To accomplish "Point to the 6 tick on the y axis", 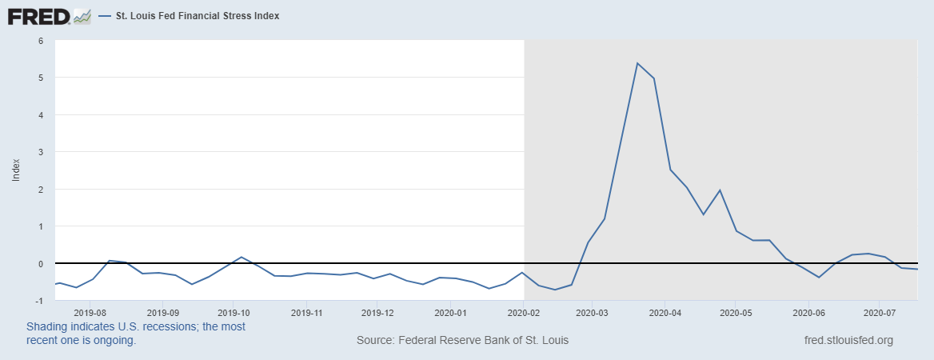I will coord(40,40).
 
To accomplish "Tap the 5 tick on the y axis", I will coord(40,78).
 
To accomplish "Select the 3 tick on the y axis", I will coord(40,152).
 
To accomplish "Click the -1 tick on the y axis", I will coord(38,301).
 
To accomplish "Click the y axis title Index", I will coord(16,170).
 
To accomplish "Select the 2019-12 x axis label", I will coord(377,313).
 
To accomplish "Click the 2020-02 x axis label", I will coord(522,313).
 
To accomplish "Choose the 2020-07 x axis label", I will coord(880,313).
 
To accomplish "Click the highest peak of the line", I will coord(637,63).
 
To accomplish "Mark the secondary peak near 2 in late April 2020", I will coord(720,190).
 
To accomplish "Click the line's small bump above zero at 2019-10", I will coord(241,258).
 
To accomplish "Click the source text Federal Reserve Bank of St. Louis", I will coord(463,340).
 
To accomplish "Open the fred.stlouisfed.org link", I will coord(848,340).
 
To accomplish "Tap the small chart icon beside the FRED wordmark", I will coord(82,16).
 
